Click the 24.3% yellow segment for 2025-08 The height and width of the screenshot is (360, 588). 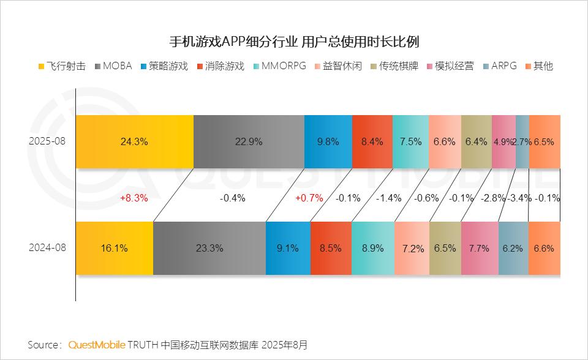(135, 141)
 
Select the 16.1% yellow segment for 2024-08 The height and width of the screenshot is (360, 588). (115, 249)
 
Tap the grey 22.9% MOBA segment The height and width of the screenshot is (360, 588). (249, 141)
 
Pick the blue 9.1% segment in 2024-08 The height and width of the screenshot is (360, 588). (288, 249)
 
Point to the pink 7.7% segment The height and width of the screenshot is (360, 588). (479, 249)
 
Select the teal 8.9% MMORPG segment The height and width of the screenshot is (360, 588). (372, 249)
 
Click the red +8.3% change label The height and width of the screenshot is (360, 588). (134, 198)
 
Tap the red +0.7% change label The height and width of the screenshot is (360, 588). (309, 198)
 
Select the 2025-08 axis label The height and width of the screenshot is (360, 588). (47, 141)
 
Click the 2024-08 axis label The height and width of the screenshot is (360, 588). (47, 249)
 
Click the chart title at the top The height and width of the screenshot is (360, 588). (294, 42)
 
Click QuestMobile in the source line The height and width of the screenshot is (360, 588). (97, 345)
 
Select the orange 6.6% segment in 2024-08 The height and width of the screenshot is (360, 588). (544, 249)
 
